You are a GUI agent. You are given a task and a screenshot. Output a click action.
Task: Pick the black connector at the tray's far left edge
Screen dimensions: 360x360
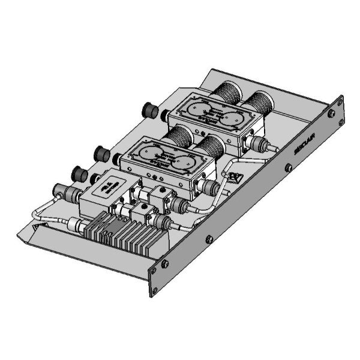pyautogui.click(x=77, y=174)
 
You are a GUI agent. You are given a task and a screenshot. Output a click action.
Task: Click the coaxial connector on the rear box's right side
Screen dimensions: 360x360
pyautogui.click(x=259, y=144)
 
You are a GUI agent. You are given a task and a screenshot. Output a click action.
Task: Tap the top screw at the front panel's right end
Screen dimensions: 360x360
pyautogui.click(x=331, y=112)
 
